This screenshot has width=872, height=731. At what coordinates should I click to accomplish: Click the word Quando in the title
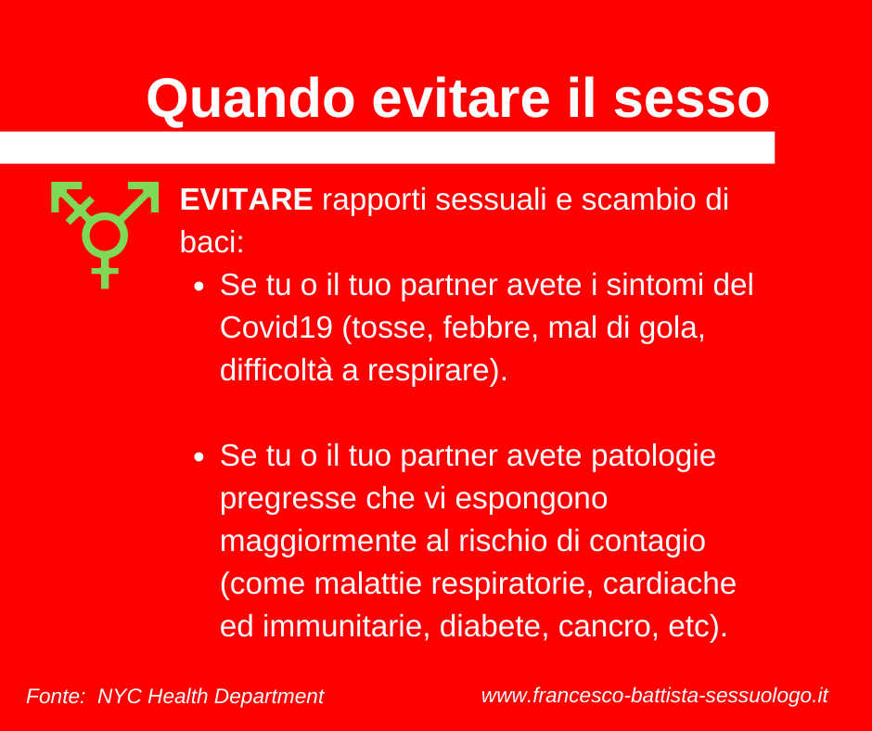point(250,99)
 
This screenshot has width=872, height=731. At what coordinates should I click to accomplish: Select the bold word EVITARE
point(247,199)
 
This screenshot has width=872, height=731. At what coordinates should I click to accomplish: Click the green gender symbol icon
point(105,234)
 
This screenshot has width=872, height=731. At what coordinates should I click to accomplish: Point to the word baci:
point(212,242)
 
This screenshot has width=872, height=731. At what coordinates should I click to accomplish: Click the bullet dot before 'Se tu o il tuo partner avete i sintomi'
point(199,287)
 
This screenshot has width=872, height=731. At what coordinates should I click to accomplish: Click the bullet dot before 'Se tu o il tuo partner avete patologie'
point(199,457)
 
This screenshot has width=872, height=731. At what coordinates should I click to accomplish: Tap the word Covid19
point(276,327)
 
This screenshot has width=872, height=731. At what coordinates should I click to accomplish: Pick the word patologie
point(653,456)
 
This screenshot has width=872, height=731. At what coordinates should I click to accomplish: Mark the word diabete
point(490,627)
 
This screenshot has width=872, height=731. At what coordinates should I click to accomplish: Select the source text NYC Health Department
point(211,697)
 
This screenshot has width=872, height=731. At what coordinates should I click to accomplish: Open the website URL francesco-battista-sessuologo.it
point(655,696)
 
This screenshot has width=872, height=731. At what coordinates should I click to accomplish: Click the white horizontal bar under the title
point(387,148)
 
